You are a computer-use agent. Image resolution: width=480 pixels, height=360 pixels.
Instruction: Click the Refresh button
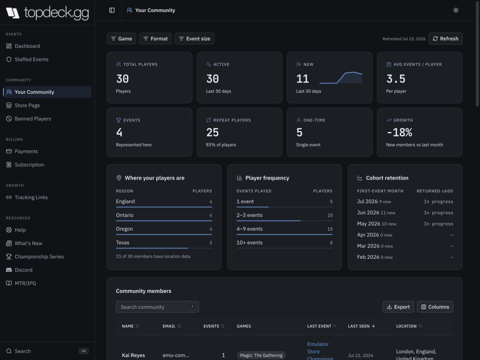click(x=445, y=39)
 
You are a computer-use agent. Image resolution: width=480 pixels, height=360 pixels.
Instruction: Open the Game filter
click(x=121, y=39)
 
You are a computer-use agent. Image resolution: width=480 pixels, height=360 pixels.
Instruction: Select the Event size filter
click(x=194, y=39)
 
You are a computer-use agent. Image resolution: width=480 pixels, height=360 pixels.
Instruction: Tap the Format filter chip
click(x=156, y=39)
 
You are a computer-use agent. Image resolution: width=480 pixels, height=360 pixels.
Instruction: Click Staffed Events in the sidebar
click(x=31, y=60)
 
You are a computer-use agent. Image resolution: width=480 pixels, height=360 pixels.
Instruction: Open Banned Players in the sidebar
click(x=33, y=119)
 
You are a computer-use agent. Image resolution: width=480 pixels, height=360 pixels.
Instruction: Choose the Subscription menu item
click(x=29, y=165)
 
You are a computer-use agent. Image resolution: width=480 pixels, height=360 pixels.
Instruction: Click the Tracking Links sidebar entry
click(x=31, y=197)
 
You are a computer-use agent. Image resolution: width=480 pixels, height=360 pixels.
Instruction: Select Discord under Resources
click(x=23, y=270)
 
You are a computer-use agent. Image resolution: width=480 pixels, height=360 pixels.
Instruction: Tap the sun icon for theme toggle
click(x=456, y=10)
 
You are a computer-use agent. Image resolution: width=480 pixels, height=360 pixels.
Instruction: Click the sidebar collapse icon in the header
click(x=112, y=10)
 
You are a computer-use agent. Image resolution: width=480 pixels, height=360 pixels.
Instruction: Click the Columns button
click(x=435, y=307)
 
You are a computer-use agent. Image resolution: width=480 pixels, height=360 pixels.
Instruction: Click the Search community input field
click(x=157, y=307)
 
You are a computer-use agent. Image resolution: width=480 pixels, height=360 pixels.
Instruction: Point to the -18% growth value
click(x=399, y=132)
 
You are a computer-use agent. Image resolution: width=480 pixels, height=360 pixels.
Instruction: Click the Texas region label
click(x=123, y=243)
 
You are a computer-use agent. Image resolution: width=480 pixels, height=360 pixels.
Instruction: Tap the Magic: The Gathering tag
click(x=261, y=355)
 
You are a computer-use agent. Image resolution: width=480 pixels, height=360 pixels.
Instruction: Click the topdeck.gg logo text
click(x=56, y=13)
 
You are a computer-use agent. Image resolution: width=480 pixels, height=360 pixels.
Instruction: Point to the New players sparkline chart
click(x=341, y=78)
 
